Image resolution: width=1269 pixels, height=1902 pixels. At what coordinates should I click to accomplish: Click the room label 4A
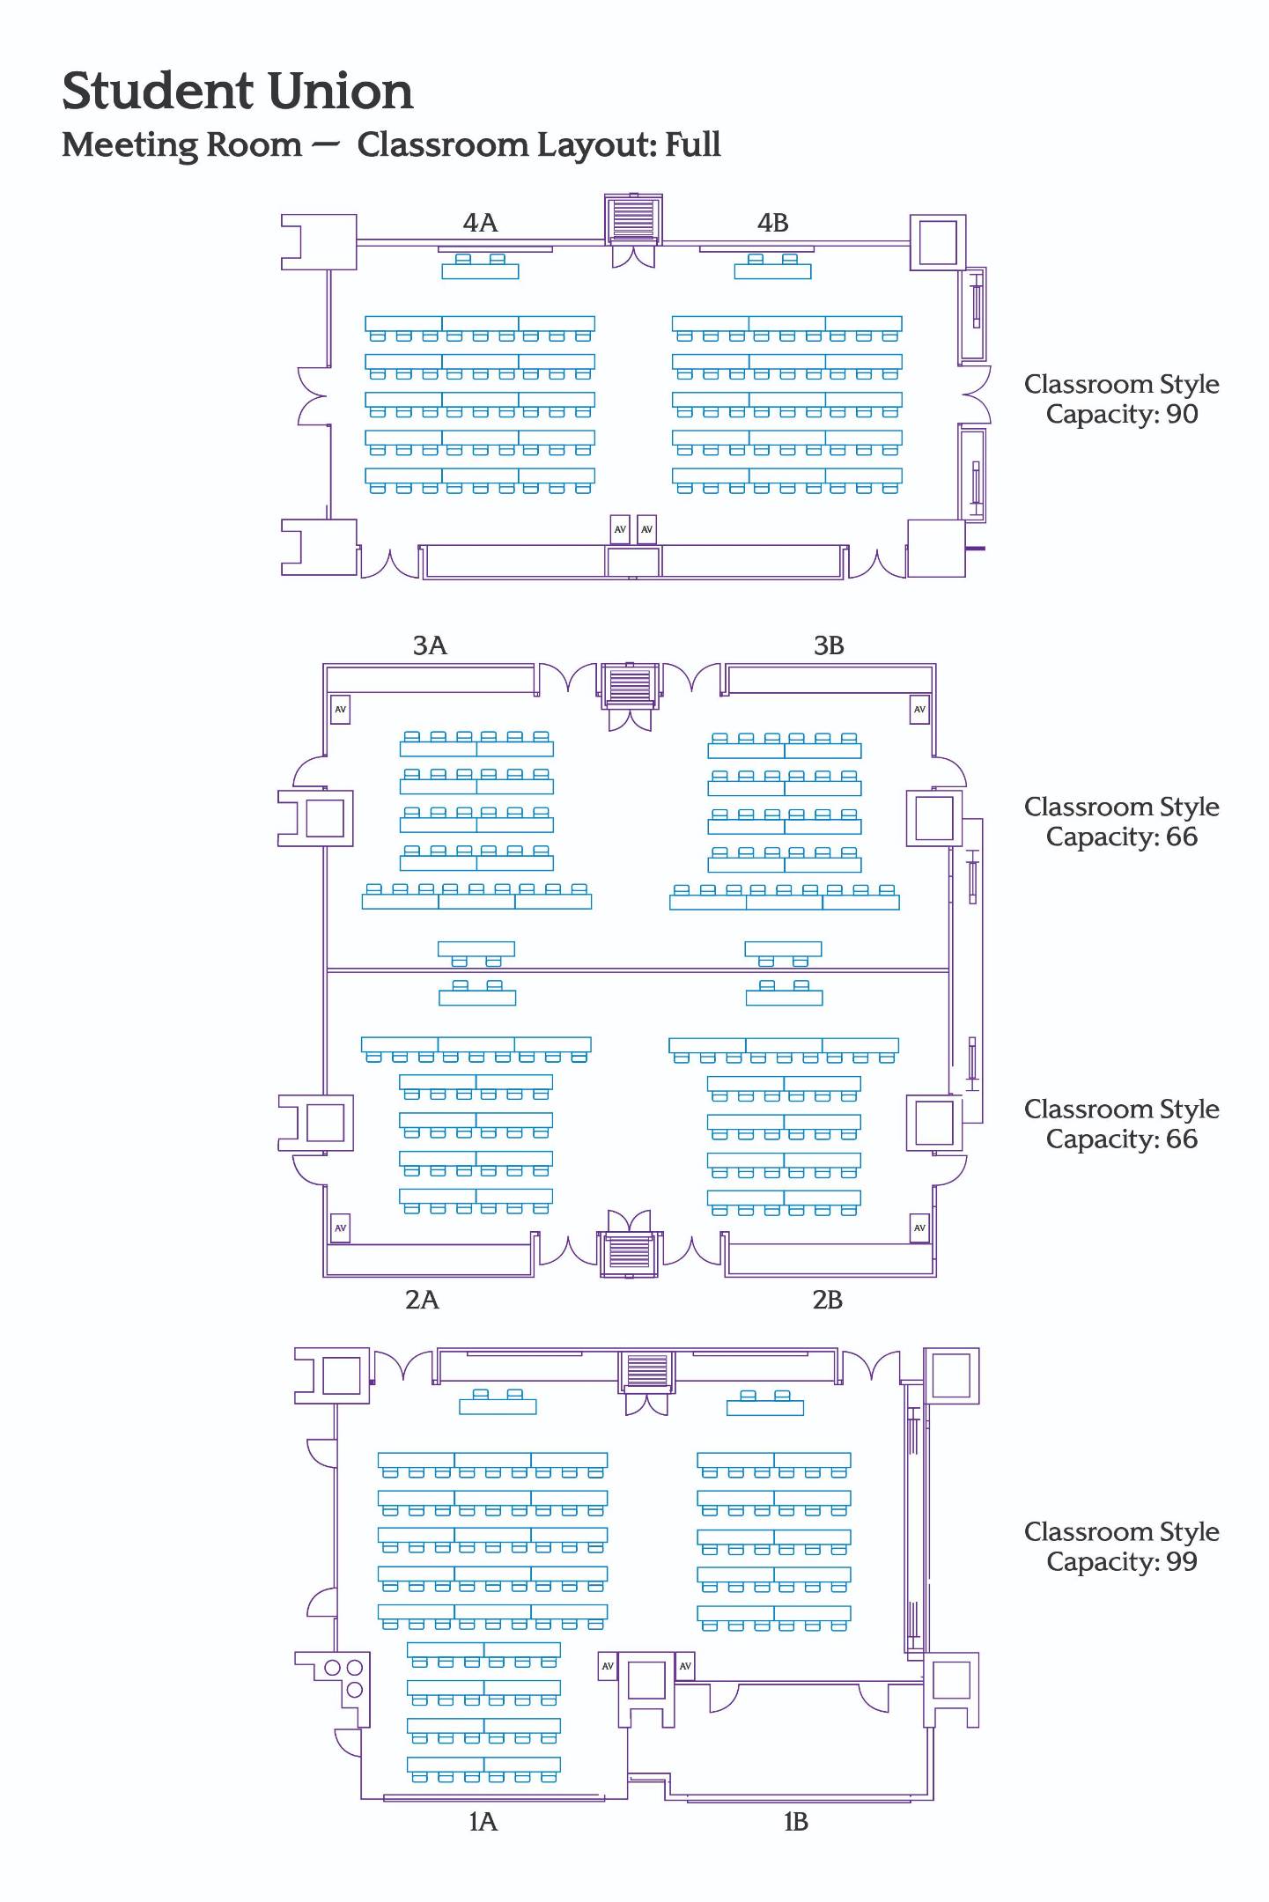point(480,224)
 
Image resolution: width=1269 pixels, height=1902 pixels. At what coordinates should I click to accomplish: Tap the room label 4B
point(772,224)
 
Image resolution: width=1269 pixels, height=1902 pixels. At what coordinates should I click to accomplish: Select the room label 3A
point(430,646)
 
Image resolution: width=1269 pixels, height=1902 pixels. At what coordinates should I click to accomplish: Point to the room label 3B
point(829,646)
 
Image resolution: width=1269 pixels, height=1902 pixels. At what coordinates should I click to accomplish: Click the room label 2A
point(422,1300)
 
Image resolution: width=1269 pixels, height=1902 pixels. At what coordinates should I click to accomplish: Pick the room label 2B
point(827,1300)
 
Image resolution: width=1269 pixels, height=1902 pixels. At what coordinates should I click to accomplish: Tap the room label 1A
point(483,1822)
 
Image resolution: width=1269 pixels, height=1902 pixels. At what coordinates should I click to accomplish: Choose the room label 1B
point(795,1822)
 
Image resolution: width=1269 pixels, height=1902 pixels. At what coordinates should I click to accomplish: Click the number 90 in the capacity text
point(1182,414)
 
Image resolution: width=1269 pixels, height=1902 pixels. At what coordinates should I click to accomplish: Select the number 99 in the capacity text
point(1182,1561)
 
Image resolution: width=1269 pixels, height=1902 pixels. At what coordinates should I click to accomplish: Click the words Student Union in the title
point(238,92)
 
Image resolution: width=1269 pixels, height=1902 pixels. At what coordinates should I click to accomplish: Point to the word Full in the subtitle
point(692,144)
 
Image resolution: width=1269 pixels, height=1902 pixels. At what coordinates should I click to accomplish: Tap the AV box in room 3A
point(340,709)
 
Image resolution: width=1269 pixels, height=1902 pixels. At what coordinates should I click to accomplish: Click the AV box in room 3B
point(919,709)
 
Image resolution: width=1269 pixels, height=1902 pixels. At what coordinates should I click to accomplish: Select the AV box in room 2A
point(340,1227)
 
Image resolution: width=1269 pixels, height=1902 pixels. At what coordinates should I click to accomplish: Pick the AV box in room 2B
point(919,1227)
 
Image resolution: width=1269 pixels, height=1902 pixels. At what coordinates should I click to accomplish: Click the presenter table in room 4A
point(480,271)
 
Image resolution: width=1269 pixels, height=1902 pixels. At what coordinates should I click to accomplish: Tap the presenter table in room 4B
point(772,271)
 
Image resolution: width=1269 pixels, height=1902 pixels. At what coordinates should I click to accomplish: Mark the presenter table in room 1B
point(764,1407)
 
